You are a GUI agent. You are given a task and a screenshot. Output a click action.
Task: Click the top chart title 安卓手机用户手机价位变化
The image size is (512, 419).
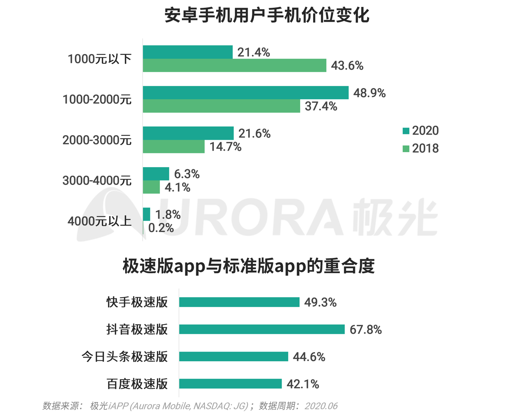(267, 15)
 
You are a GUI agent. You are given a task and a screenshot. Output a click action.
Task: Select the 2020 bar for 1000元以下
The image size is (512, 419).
(188, 52)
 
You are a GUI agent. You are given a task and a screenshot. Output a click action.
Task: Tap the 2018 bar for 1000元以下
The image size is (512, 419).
(234, 65)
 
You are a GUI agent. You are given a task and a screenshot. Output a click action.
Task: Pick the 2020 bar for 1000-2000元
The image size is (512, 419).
(245, 92)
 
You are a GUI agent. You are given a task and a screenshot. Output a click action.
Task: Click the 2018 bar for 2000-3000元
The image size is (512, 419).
(173, 147)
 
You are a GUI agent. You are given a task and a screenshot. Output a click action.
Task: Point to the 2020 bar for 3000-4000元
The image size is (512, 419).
(156, 174)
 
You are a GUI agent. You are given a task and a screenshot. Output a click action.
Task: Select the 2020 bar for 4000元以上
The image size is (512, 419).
(146, 214)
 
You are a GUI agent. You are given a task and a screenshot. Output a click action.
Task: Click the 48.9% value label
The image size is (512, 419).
(369, 93)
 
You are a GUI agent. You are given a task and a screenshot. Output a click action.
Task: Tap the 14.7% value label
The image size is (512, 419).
(225, 147)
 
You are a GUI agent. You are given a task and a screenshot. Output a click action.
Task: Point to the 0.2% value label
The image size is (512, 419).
(161, 228)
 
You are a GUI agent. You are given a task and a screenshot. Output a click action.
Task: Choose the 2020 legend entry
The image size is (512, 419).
(420, 131)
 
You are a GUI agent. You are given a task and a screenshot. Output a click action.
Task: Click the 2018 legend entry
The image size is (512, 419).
(420, 149)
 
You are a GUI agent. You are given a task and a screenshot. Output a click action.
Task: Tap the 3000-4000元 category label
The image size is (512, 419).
(97, 180)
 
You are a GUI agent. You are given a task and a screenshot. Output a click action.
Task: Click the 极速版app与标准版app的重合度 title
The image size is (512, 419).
(249, 266)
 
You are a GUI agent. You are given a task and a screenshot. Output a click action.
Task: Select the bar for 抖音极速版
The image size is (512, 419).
(261, 329)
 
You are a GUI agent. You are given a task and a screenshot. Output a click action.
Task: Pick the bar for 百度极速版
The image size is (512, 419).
(230, 384)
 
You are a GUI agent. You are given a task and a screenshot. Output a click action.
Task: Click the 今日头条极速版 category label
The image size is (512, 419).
(124, 357)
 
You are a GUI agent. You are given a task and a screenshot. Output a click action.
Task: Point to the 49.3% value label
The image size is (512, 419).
(320, 302)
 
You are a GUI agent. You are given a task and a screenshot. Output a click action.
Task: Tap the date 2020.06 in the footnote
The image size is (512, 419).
(321, 406)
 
